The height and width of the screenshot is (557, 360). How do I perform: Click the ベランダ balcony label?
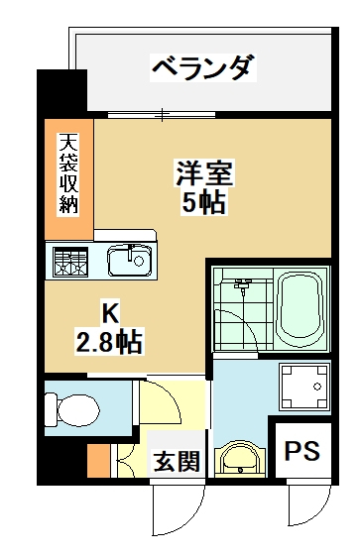click(203, 67)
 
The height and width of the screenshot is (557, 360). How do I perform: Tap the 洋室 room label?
click(204, 173)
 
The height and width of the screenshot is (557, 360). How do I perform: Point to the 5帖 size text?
click(203, 202)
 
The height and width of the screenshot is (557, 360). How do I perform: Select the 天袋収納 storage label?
click(68, 173)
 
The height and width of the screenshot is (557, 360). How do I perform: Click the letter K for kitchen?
click(110, 312)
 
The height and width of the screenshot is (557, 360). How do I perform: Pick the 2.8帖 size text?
click(108, 341)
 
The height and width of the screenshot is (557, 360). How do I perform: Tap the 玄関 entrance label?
click(177, 461)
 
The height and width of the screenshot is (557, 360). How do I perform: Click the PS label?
click(302, 450)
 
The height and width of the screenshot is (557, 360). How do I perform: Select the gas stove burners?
click(70, 262)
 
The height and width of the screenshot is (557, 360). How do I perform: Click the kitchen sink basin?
click(131, 260)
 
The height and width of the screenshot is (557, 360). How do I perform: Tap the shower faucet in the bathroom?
click(242, 286)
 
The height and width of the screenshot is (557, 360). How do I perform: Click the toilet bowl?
click(72, 411)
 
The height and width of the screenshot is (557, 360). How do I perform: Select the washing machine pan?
click(303, 387)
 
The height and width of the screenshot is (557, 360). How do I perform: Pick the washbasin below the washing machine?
click(240, 459)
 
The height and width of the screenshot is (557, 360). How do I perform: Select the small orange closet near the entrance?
click(98, 461)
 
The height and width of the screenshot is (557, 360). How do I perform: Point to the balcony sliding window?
click(162, 114)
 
